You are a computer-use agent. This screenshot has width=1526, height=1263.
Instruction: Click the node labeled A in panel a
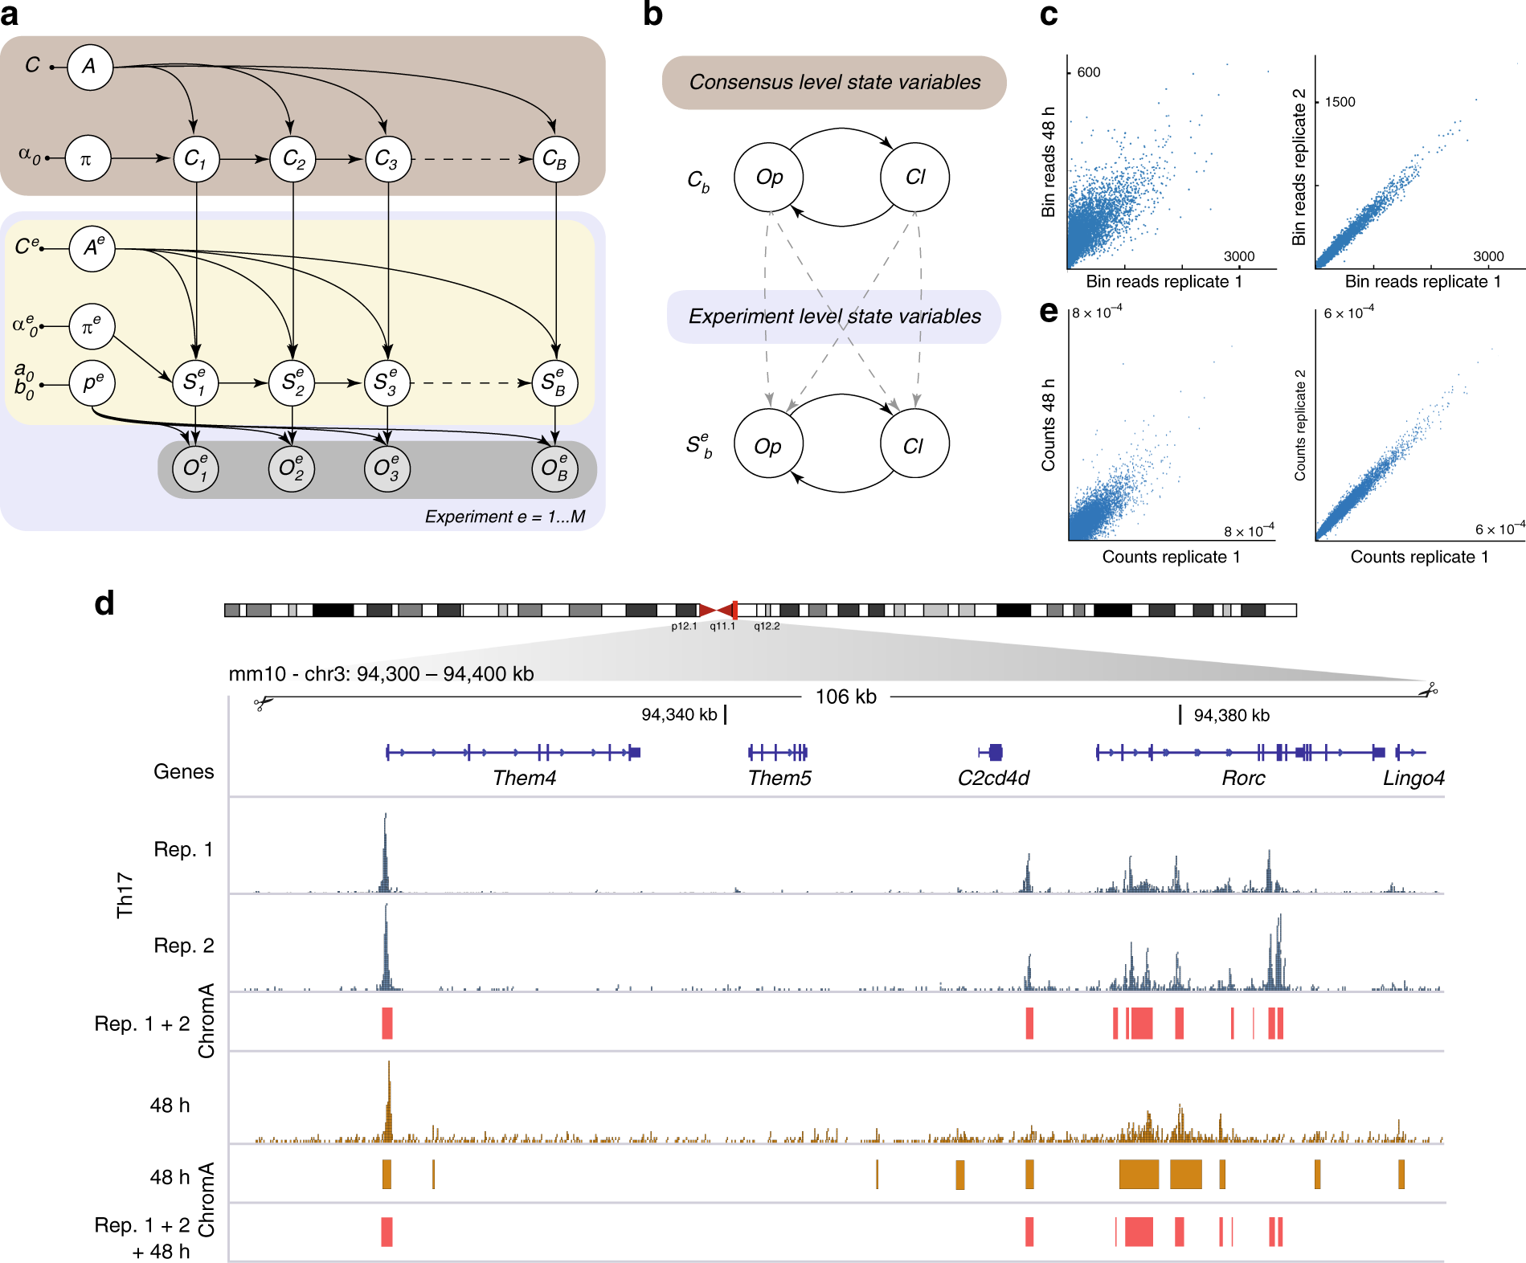[89, 67]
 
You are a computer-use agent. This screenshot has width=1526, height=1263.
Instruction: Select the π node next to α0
[87, 158]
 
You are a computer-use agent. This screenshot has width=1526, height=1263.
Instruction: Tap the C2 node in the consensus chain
[293, 158]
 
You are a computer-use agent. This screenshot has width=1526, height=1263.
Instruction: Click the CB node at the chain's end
[555, 158]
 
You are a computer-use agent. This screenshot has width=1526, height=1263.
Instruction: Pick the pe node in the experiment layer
[92, 382]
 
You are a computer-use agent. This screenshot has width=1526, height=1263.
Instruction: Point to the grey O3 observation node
[387, 468]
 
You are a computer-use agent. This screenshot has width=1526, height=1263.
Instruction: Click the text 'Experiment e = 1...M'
[505, 517]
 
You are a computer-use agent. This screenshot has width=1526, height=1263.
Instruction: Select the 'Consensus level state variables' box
[834, 82]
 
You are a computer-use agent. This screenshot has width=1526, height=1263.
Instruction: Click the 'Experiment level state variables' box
[834, 317]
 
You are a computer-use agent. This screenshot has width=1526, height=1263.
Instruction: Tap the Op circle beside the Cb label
[769, 178]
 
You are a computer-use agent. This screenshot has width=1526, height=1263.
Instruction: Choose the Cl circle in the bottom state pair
[914, 445]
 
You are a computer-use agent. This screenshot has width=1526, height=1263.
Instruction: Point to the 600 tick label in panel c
[1088, 72]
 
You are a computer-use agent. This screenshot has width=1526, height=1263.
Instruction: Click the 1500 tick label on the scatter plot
[1340, 102]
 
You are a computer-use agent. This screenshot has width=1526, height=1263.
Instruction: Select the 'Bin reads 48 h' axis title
[1048, 161]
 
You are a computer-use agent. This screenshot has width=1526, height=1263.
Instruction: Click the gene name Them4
[524, 778]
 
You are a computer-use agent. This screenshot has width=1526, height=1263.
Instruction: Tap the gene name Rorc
[1242, 778]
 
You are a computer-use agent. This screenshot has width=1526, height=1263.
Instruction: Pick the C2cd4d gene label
[993, 778]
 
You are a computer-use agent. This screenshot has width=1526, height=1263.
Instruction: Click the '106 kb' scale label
[845, 697]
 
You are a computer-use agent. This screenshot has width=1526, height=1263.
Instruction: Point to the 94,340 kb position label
[679, 714]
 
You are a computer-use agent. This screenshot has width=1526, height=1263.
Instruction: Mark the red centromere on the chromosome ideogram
[718, 611]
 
